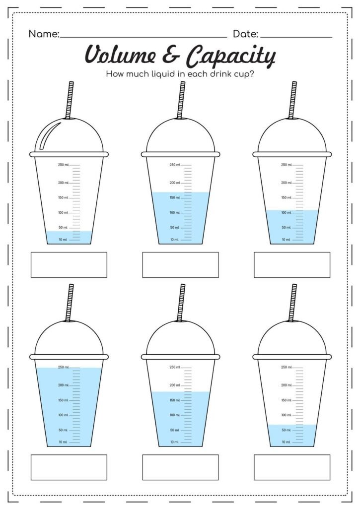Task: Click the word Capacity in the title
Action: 230,56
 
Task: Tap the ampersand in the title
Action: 172,55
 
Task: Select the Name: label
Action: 44,34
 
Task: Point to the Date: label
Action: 245,34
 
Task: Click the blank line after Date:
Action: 296,37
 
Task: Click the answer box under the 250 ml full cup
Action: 69,467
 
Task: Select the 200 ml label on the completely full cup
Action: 63,385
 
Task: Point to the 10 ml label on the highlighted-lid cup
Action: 63,240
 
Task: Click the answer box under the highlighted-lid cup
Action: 69,264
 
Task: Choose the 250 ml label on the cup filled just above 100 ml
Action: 287,165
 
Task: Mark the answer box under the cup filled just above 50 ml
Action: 292,467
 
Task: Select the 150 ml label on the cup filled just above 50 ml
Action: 287,400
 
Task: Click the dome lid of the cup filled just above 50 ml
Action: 292,337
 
